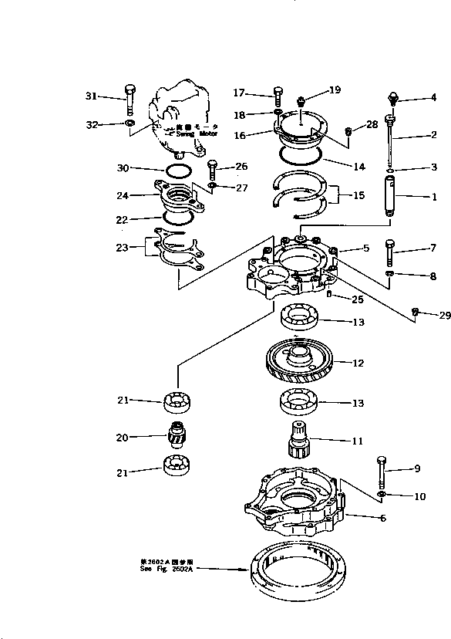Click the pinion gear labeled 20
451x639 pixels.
tap(177, 438)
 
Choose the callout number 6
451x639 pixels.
tap(382, 518)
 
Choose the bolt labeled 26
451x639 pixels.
tap(213, 168)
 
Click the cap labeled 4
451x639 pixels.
tap(394, 98)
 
